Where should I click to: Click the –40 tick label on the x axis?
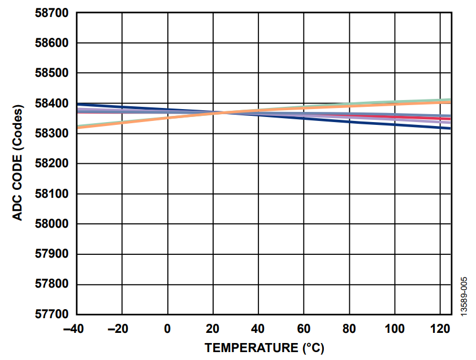76,329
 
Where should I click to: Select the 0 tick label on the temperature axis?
167,329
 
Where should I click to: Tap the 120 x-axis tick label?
439,329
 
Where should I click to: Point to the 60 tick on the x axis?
304,329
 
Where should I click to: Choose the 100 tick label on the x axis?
394,329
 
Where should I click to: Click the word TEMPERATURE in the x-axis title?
250,348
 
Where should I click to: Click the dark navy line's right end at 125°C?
450,128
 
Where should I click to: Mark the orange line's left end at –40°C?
78,127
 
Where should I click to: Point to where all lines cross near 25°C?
222,113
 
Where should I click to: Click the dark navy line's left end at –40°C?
78,104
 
